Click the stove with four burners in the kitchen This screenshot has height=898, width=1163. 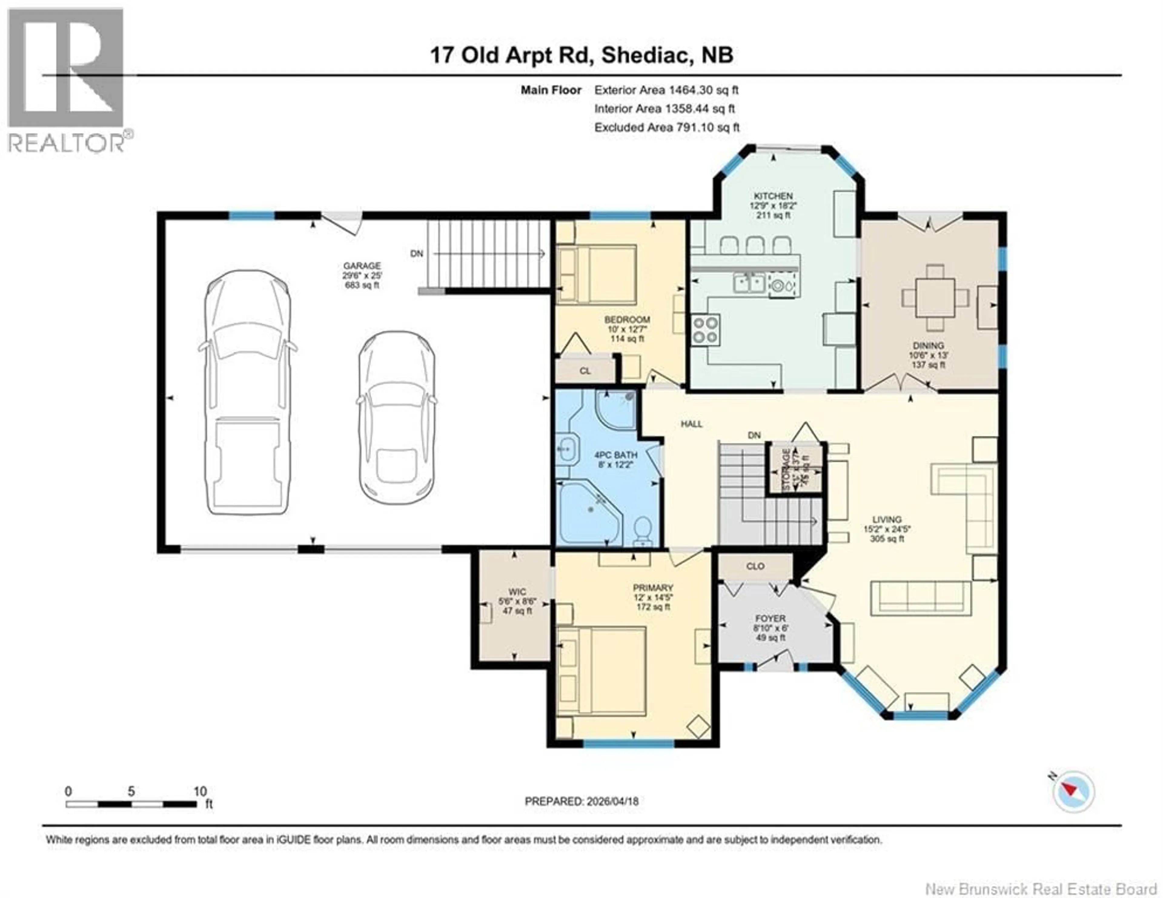pos(706,330)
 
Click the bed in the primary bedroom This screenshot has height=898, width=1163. pos(602,670)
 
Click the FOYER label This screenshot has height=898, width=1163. pos(770,618)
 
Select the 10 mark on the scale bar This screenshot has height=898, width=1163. pos(200,791)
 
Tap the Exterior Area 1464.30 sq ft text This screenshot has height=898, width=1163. pos(666,90)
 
